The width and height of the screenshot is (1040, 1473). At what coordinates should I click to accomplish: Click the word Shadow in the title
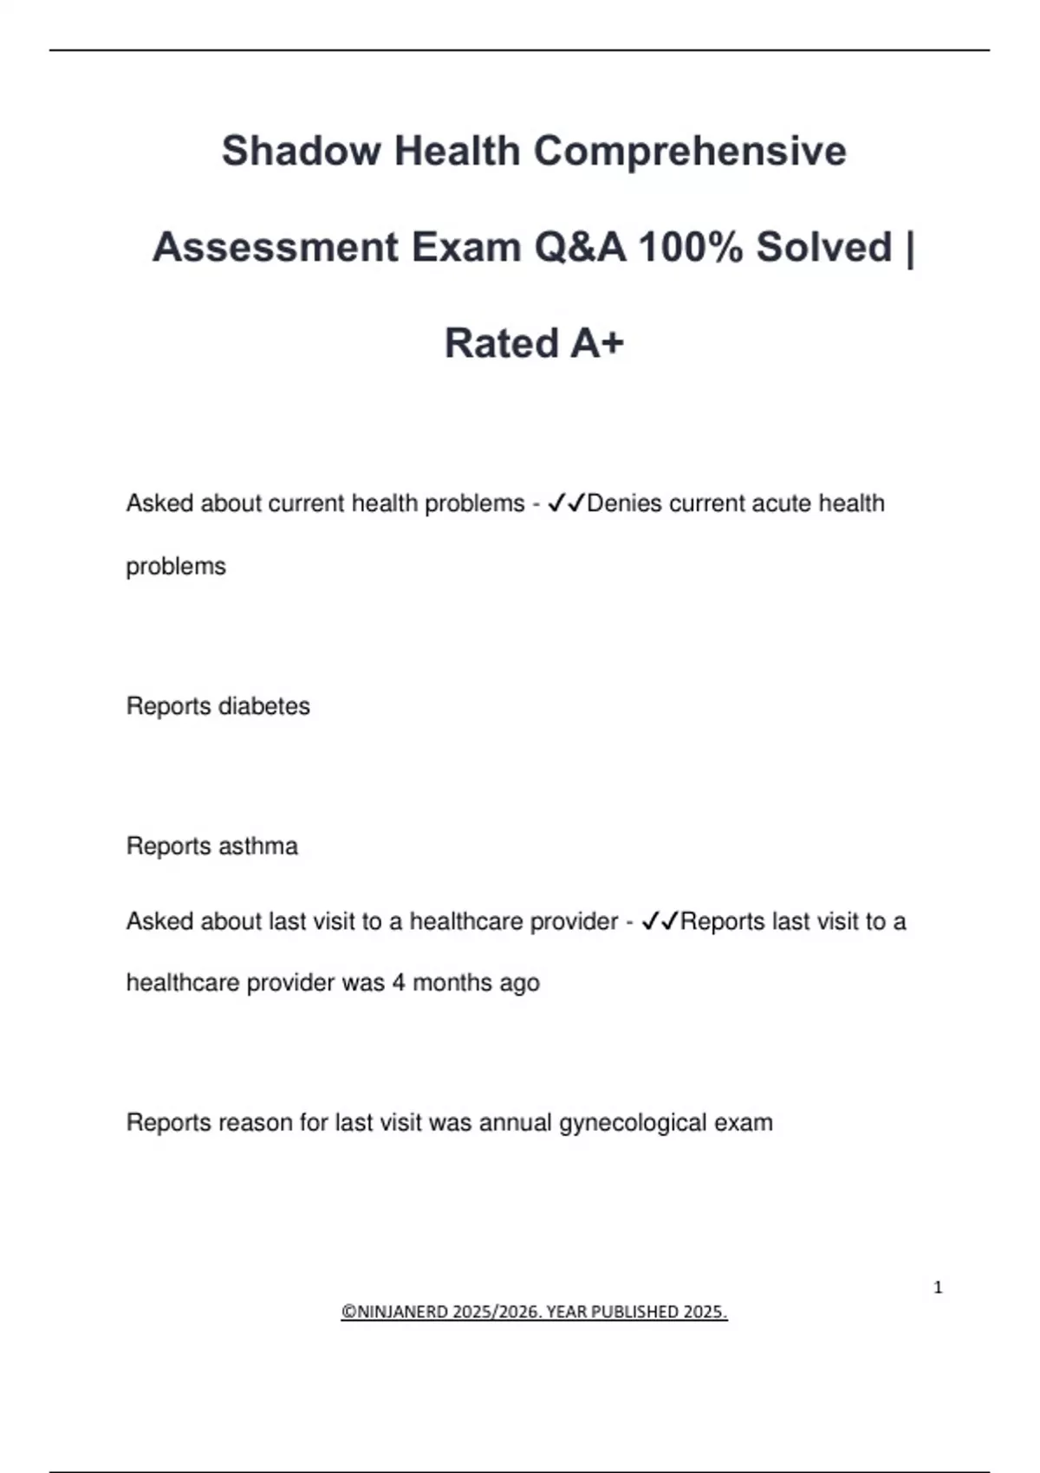(x=300, y=151)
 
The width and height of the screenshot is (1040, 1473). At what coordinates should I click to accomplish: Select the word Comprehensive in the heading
(x=689, y=151)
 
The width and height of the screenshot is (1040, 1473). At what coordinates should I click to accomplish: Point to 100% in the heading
(x=691, y=247)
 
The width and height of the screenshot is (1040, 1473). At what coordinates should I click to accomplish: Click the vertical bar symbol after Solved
(x=908, y=247)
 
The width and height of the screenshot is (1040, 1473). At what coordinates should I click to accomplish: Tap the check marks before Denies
(x=567, y=503)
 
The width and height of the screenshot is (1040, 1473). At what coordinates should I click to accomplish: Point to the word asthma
(x=257, y=846)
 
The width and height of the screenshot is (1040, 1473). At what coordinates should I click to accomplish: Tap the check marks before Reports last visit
(x=660, y=921)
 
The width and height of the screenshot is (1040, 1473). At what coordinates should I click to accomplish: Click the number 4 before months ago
(x=399, y=983)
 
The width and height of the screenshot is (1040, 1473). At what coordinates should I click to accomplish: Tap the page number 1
(x=938, y=1288)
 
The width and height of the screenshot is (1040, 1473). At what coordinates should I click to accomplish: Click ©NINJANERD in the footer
(x=394, y=1312)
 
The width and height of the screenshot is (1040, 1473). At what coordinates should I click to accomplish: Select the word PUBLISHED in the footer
(x=636, y=1312)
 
